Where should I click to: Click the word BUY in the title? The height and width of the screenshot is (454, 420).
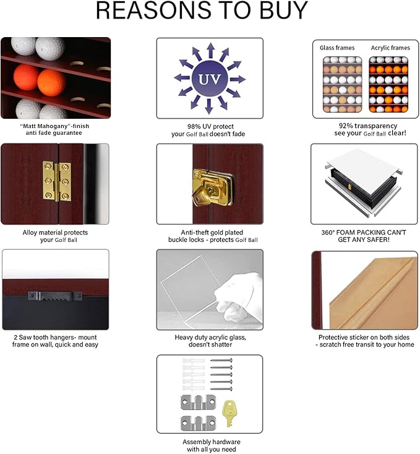283,11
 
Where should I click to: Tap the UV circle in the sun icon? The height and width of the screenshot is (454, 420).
210,79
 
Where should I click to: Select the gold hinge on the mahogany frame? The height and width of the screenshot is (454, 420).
57,181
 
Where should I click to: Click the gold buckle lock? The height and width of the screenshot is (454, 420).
212,187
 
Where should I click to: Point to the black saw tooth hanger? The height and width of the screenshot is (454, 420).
55,296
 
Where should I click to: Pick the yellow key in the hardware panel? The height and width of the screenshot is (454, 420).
229,413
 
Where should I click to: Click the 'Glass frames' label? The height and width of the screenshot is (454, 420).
337,48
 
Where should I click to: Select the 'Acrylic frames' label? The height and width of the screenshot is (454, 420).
390,48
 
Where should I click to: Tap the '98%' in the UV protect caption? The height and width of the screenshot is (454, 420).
194,127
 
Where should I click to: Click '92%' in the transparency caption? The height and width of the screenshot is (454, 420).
346,126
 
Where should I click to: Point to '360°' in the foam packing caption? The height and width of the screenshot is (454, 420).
328,233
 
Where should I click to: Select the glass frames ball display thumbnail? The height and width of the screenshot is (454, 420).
343,85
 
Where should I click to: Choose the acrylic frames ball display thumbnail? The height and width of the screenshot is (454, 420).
388,85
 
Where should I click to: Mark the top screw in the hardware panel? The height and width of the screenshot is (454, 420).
221,361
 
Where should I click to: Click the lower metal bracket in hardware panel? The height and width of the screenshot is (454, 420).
199,423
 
